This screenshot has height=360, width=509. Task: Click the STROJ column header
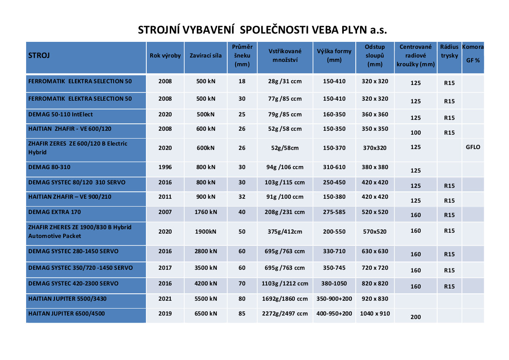[x=39, y=56]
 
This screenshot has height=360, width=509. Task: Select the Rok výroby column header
[x=165, y=56]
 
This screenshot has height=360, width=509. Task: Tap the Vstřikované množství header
[x=285, y=56]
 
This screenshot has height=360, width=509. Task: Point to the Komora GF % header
[x=473, y=54]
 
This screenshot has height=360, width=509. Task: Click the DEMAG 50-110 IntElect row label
[x=61, y=115]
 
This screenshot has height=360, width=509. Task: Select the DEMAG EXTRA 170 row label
[x=54, y=212]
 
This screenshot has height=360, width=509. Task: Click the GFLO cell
[x=473, y=147]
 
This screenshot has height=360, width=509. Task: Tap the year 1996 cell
[x=165, y=167]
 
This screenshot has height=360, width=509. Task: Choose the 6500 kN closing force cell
[x=206, y=314]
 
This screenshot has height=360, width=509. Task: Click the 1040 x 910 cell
[x=375, y=314]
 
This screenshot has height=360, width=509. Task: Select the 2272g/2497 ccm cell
[x=285, y=314]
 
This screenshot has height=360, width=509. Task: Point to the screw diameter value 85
[x=242, y=314]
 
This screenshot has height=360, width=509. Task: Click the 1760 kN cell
[x=206, y=212]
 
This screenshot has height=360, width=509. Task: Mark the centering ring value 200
[x=415, y=317]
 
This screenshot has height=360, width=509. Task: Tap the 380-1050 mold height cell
[x=334, y=284]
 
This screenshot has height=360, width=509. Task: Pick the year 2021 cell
[x=165, y=299]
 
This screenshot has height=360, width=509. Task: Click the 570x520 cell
[x=375, y=232]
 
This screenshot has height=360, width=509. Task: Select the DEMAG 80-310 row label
[x=49, y=167]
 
